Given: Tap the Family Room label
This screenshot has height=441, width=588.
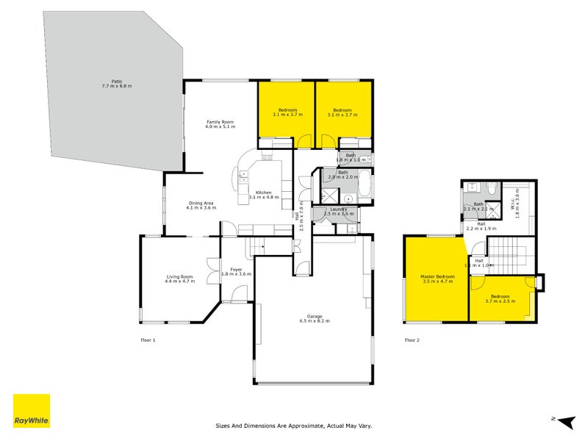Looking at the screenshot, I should pos(219,124).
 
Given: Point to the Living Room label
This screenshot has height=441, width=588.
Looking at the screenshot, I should pos(179,279).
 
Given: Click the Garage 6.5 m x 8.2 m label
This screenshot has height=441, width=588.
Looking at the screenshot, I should pos(314,318).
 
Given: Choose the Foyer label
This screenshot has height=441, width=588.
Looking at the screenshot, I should pos(236,271).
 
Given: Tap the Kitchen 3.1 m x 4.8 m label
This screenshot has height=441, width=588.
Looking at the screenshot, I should pos(264,194).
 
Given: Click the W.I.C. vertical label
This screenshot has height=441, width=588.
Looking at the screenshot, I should pos(516,204).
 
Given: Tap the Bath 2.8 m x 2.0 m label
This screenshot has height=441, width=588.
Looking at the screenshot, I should pos(343,175).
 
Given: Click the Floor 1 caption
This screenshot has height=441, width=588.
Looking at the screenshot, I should pos(148,340).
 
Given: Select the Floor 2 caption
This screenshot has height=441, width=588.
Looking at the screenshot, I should pos(412,340).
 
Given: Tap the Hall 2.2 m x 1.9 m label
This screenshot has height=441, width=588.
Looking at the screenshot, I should pos(479,226).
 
